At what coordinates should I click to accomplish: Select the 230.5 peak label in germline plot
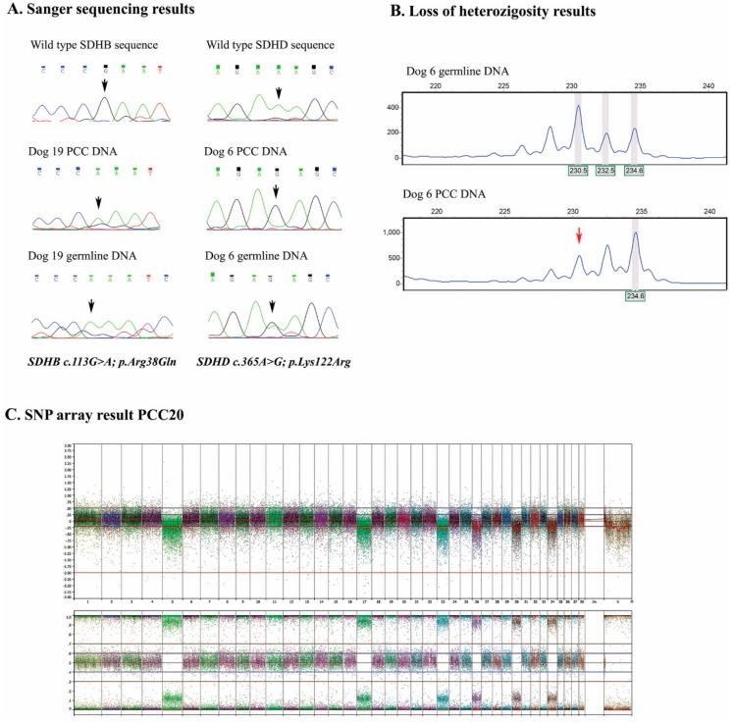pyautogui.click(x=578, y=170)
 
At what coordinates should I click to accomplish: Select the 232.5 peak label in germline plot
pyautogui.click(x=605, y=170)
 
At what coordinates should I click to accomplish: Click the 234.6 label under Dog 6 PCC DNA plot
pyautogui.click(x=634, y=295)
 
